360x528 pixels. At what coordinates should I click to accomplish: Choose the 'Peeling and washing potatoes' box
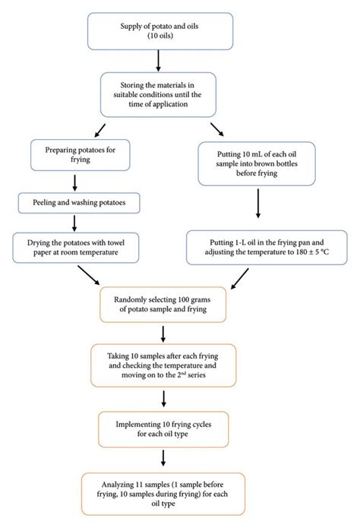pos(74,203)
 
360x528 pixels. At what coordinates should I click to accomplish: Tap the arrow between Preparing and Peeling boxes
pos(74,181)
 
